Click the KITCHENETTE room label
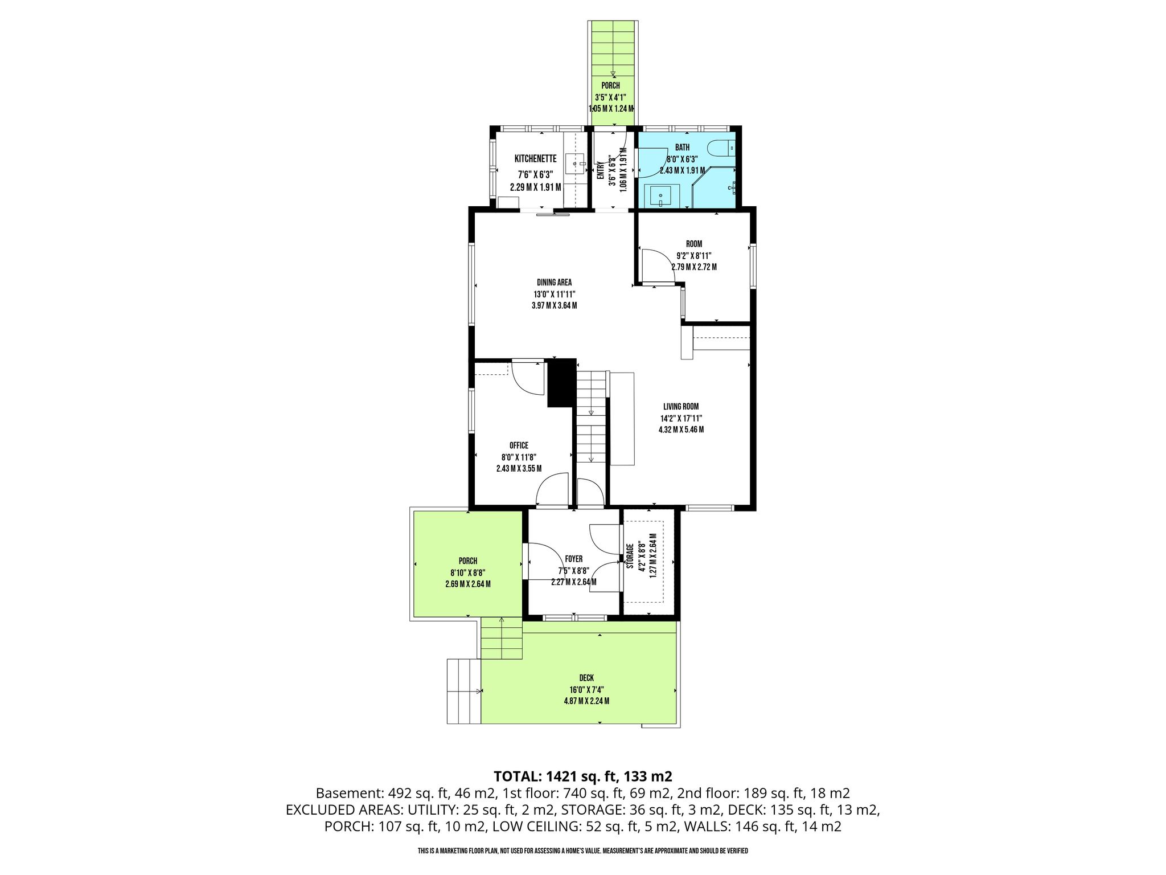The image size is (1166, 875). pos(535,159)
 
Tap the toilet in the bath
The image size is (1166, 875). pos(721,147)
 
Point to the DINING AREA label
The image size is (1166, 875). pos(554,283)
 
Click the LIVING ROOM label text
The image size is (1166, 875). pos(681,407)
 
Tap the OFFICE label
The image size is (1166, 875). pos(519,445)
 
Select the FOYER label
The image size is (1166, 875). pos(573,559)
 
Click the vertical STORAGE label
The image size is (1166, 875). pos(630,556)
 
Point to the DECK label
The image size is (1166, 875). pos(586,678)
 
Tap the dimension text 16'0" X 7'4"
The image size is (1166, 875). pos(586,689)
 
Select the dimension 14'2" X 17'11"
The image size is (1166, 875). pos(681,418)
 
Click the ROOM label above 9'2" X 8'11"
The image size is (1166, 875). pos(694,244)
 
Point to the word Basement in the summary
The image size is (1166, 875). pos(349,793)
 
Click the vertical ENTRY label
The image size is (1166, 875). pos(601,171)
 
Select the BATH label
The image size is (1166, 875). pos(682,148)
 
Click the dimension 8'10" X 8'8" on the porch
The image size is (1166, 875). pos(468,573)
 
